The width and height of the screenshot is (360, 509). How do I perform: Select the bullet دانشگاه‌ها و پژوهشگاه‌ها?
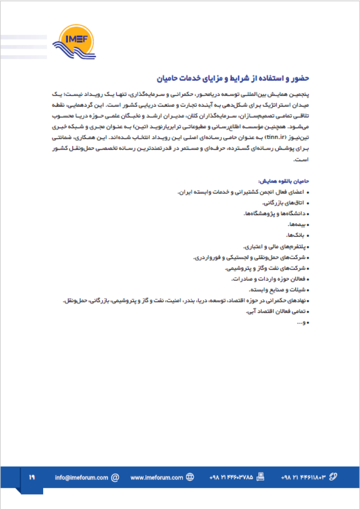[x=270, y=213]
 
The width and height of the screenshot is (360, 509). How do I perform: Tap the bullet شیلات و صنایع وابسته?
[x=274, y=290]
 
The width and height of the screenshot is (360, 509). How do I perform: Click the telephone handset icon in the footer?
[x=333, y=477]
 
